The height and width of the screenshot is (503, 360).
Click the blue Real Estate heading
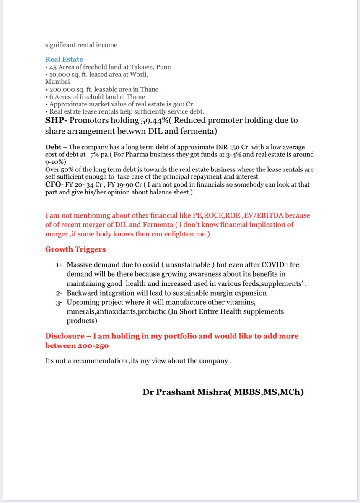point(64,60)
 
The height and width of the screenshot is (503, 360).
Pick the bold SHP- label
point(57,121)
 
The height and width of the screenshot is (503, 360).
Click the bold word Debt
point(54,147)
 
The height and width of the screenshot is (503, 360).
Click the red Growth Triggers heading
point(75,250)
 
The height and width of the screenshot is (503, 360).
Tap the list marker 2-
point(59,293)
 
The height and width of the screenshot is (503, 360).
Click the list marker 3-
point(59,302)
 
